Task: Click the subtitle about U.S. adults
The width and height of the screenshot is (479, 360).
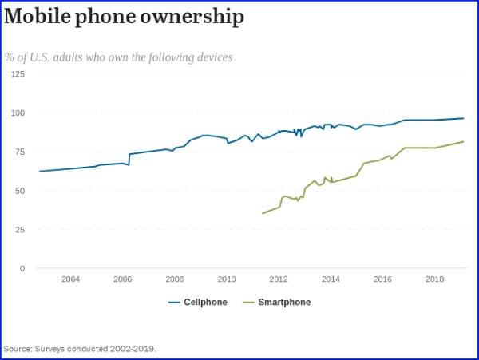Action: [x=118, y=57]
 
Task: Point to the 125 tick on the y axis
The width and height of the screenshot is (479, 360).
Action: [x=18, y=73]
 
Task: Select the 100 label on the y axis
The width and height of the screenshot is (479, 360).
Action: [x=18, y=113]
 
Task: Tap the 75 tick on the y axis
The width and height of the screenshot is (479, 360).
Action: [x=20, y=152]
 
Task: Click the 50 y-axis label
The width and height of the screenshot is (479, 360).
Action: [x=20, y=191]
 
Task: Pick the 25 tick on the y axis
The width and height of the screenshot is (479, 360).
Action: [x=20, y=229]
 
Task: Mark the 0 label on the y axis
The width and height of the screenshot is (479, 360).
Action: [x=22, y=268]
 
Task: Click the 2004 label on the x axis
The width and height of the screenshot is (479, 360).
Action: [x=70, y=279]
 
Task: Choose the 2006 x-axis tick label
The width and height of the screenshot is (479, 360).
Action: [x=122, y=279]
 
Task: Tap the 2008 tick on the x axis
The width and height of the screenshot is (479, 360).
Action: [x=174, y=279]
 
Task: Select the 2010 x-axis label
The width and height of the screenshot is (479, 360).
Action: [x=227, y=279]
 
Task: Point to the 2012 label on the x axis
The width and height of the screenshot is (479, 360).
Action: [x=279, y=279]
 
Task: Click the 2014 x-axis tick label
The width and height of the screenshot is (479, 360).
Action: [x=331, y=279]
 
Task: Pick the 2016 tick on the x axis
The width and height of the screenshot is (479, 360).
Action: [x=382, y=279]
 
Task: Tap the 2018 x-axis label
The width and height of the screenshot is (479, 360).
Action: [x=435, y=279]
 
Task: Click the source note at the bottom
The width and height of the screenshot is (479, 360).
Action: [x=80, y=349]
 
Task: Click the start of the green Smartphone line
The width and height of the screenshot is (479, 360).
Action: [x=263, y=213]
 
